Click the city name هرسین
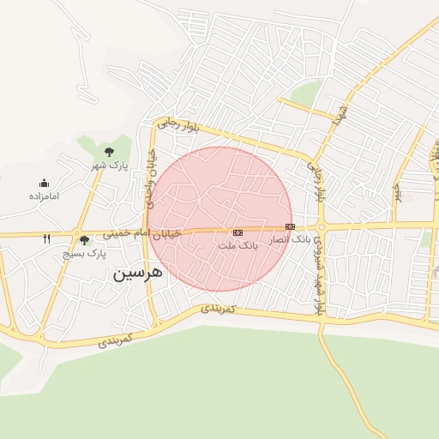135,275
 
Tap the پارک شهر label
109,164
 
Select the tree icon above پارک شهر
109,152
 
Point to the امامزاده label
43,195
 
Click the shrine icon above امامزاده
44,183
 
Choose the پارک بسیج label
84,254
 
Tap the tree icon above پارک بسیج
84,241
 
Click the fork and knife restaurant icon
47,239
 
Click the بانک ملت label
238,245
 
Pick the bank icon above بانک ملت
238,232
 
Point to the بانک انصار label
290,239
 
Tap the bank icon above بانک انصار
290,226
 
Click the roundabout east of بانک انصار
321,227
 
